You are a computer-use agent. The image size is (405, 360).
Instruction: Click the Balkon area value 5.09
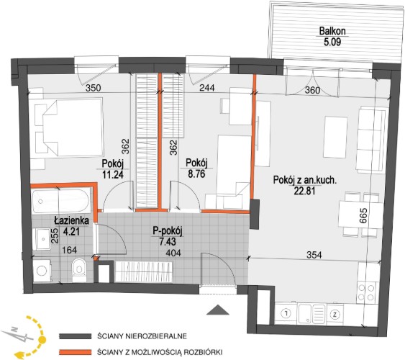[x=332, y=42]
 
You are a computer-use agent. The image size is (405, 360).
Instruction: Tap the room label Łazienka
[x=71, y=220]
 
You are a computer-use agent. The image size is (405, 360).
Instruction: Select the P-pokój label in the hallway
[x=168, y=231]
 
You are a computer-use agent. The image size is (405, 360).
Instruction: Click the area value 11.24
[x=113, y=174]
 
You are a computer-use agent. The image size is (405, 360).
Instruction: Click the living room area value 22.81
[x=305, y=191]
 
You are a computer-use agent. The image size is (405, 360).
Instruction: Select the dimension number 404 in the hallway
[x=173, y=253]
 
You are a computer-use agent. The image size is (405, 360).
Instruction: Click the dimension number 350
[x=93, y=88]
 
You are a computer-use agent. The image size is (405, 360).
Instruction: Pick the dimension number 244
[x=207, y=88]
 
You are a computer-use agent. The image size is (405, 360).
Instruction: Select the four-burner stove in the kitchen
[x=366, y=292]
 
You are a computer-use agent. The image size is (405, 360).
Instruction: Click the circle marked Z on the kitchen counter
[x=335, y=314]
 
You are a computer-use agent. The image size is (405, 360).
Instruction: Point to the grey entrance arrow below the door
[x=218, y=310]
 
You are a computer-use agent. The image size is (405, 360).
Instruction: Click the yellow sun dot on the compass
[x=42, y=339]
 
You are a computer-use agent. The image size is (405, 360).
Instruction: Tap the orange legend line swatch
[x=75, y=352]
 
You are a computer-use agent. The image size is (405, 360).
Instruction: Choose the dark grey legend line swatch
[x=75, y=336]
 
